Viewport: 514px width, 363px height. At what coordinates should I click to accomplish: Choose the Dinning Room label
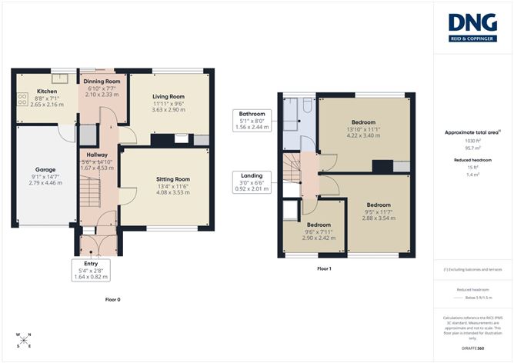click(102, 81)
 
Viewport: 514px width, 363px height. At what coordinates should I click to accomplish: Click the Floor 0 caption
click(112, 299)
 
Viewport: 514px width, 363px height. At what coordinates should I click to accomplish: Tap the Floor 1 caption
click(324, 269)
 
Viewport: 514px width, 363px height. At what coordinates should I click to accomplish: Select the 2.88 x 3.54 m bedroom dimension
click(378, 218)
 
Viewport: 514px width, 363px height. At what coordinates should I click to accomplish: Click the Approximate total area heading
click(472, 132)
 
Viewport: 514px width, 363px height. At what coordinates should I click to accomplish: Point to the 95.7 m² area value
click(472, 148)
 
